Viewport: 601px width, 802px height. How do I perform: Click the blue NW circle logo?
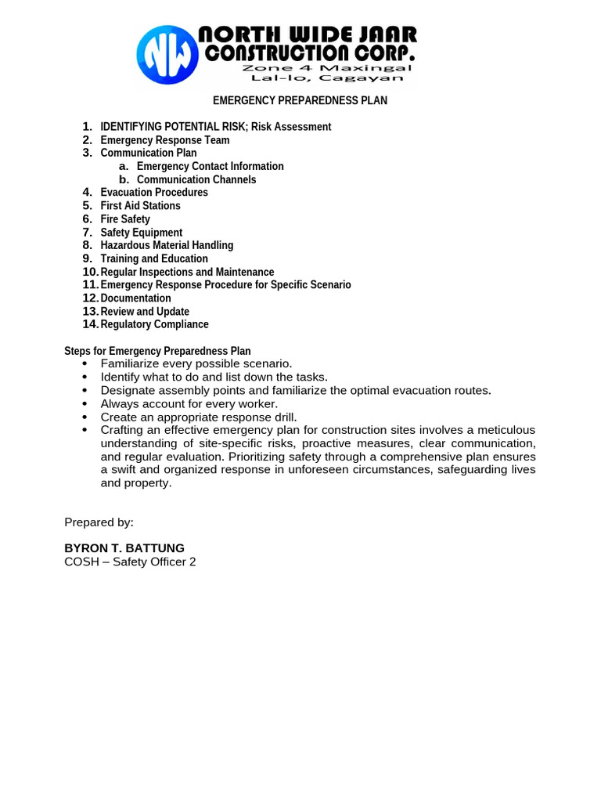[167, 54]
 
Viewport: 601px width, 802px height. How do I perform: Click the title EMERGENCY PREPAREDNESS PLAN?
[300, 101]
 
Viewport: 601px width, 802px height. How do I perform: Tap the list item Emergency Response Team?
[165, 140]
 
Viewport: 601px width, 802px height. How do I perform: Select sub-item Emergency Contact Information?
[210, 166]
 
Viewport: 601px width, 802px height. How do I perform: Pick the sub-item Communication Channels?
[196, 179]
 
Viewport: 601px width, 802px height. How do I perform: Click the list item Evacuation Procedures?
[154, 193]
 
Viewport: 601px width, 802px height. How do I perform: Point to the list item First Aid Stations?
[140, 206]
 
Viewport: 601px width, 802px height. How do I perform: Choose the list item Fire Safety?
[125, 219]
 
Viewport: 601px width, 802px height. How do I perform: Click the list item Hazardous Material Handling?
[167, 245]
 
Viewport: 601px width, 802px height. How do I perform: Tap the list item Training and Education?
[154, 258]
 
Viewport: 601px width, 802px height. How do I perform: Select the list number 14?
[90, 324]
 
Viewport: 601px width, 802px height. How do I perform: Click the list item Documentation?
[135, 298]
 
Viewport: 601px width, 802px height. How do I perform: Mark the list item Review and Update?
[145, 312]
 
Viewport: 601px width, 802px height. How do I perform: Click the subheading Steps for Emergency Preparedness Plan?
[157, 352]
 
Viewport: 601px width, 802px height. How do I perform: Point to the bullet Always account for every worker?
[189, 404]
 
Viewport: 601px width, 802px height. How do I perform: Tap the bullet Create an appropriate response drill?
[199, 417]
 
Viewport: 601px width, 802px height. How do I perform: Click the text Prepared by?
[99, 522]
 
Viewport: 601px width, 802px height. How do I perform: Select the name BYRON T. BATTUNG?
[124, 548]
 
